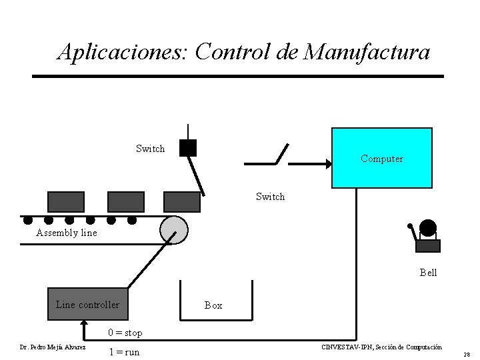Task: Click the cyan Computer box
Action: tap(382, 158)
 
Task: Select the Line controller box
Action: tap(87, 305)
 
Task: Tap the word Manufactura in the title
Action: tap(367, 51)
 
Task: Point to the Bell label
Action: tap(428, 273)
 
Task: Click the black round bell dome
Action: tap(428, 228)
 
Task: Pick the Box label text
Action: tap(213, 305)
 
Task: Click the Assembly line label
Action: tap(67, 233)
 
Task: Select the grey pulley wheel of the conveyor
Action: tap(174, 230)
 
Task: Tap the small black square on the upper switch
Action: tap(188, 147)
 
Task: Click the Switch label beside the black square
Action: tap(150, 149)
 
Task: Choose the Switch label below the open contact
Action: tap(270, 197)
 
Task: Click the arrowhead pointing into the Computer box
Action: tap(327, 163)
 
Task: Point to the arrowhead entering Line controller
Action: tap(83, 324)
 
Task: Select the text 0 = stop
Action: tap(125, 333)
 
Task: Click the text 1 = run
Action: tap(124, 351)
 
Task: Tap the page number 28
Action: tap(467, 355)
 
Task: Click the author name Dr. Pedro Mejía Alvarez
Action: tap(53, 347)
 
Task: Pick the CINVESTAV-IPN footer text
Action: tap(381, 347)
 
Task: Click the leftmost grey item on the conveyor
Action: tap(66, 201)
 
